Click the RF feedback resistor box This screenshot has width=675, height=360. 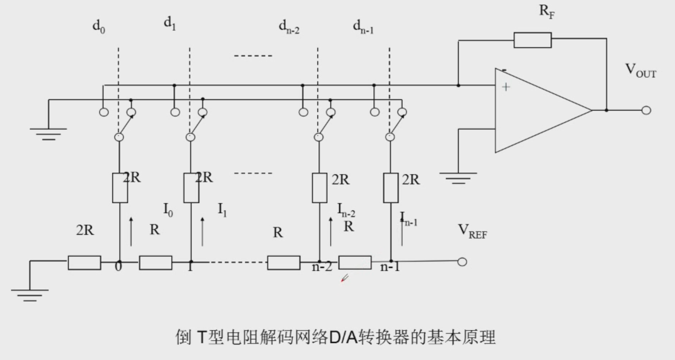coord(532,40)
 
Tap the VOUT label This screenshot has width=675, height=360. coord(640,70)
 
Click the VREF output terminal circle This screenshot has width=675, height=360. coord(462,262)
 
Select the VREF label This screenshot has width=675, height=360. coord(472,231)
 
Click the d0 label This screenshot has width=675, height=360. coord(99,26)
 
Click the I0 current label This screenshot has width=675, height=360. coord(168,210)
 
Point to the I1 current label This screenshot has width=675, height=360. coord(222,210)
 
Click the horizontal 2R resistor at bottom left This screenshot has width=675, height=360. coord(84,262)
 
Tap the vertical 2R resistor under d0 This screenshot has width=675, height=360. coord(120,188)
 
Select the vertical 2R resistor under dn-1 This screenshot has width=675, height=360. coord(390,188)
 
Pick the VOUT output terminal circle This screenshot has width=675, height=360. coord(646,110)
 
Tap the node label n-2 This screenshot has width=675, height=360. coord(322,267)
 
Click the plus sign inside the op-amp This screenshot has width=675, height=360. coord(506,87)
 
